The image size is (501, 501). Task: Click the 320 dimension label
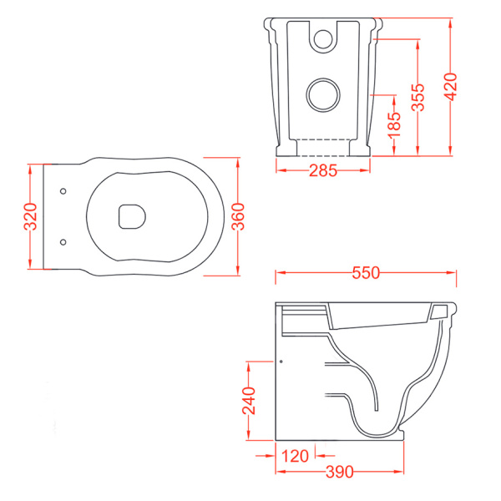click(31, 216)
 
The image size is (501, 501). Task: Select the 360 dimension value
click(238, 216)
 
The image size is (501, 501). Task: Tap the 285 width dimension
click(323, 170)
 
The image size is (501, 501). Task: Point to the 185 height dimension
click(394, 125)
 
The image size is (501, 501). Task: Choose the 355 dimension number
click(417, 97)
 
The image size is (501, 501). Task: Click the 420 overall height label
click(451, 87)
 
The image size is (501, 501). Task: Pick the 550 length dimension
click(366, 273)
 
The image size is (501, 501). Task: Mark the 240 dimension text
click(249, 401)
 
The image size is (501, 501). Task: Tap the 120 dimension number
click(295, 456)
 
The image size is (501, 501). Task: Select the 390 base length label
click(339, 472)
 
